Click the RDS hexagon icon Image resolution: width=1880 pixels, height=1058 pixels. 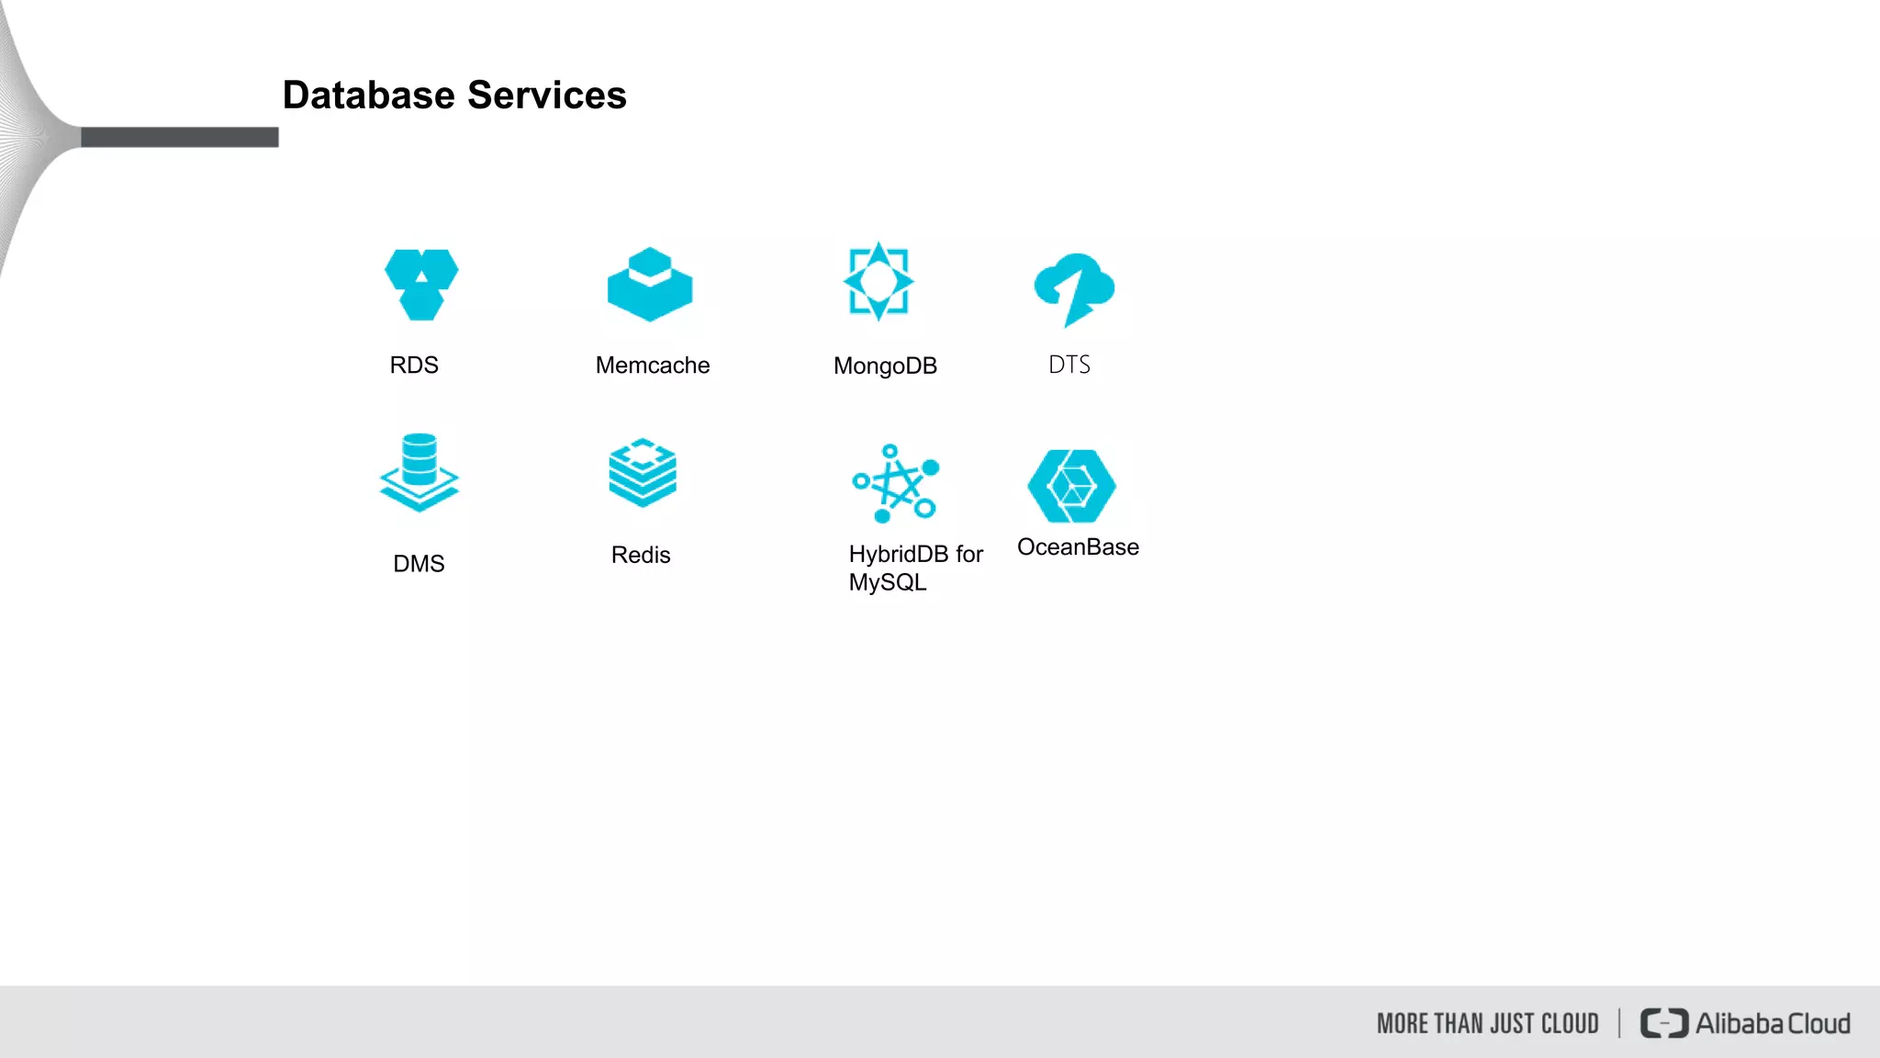click(x=421, y=285)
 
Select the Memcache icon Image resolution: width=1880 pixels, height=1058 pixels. click(x=650, y=285)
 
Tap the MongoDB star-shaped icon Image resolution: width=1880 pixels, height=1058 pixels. click(x=878, y=282)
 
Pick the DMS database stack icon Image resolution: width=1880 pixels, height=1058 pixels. click(x=420, y=472)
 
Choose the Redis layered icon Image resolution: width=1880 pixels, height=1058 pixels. click(x=643, y=472)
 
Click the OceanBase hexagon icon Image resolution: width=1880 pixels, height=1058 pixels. click(x=1071, y=486)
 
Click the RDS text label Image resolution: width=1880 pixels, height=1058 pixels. click(x=414, y=366)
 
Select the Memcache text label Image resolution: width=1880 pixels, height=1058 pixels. click(x=653, y=366)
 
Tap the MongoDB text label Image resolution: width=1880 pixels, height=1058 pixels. click(x=885, y=366)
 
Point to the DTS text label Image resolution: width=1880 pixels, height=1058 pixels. click(x=1069, y=366)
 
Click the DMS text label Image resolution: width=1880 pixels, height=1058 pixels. click(x=419, y=564)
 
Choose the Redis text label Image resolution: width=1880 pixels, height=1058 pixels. click(x=641, y=556)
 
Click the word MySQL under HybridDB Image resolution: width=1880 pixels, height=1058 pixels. click(x=888, y=583)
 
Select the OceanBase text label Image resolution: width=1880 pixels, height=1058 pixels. click(x=1078, y=547)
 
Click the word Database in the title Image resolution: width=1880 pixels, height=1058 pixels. click(x=369, y=96)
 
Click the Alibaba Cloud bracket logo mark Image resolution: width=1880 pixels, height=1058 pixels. click(x=1663, y=1023)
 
